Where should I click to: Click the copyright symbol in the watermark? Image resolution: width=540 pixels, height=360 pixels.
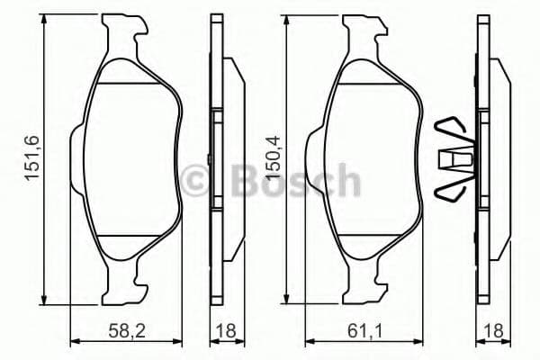tap(196, 179)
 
